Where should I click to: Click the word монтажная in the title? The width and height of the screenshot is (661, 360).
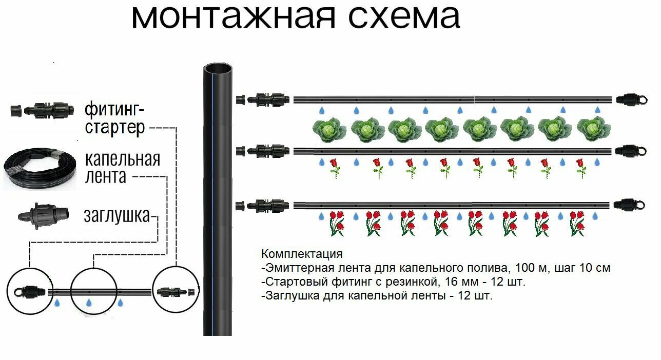click(x=233, y=17)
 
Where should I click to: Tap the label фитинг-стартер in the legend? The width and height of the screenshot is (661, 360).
click(x=115, y=118)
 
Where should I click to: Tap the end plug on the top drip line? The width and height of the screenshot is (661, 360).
click(x=627, y=99)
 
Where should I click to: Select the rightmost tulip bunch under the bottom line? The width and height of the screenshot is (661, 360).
click(x=577, y=223)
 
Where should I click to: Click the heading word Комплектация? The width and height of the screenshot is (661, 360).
click(x=301, y=254)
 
